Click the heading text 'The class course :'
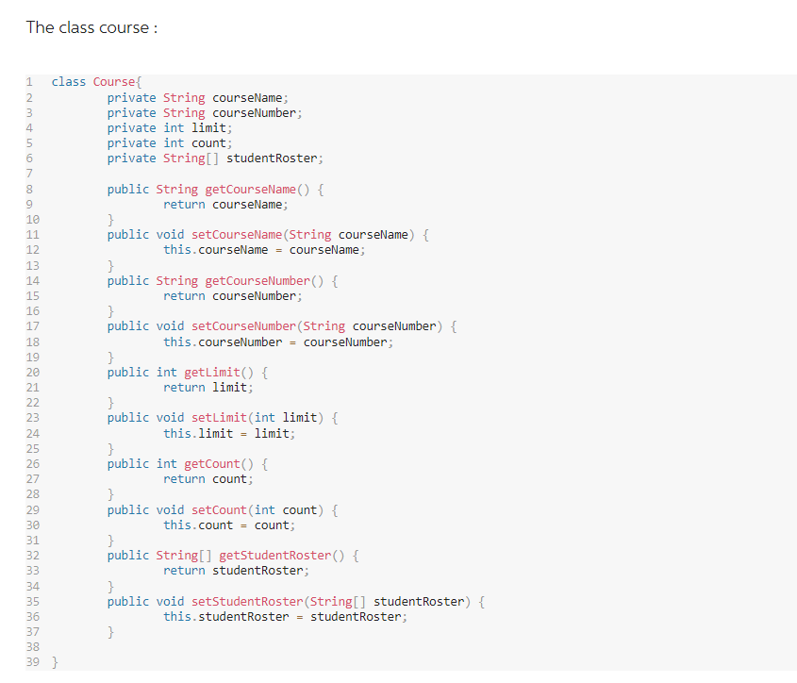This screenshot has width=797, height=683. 91,27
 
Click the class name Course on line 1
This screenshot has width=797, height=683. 114,82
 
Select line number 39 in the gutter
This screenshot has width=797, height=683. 32,662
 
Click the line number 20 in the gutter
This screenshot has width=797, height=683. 32,373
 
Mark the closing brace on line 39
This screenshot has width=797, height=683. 54,662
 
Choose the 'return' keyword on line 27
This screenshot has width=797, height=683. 184,479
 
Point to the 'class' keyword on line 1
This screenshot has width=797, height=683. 69,82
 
